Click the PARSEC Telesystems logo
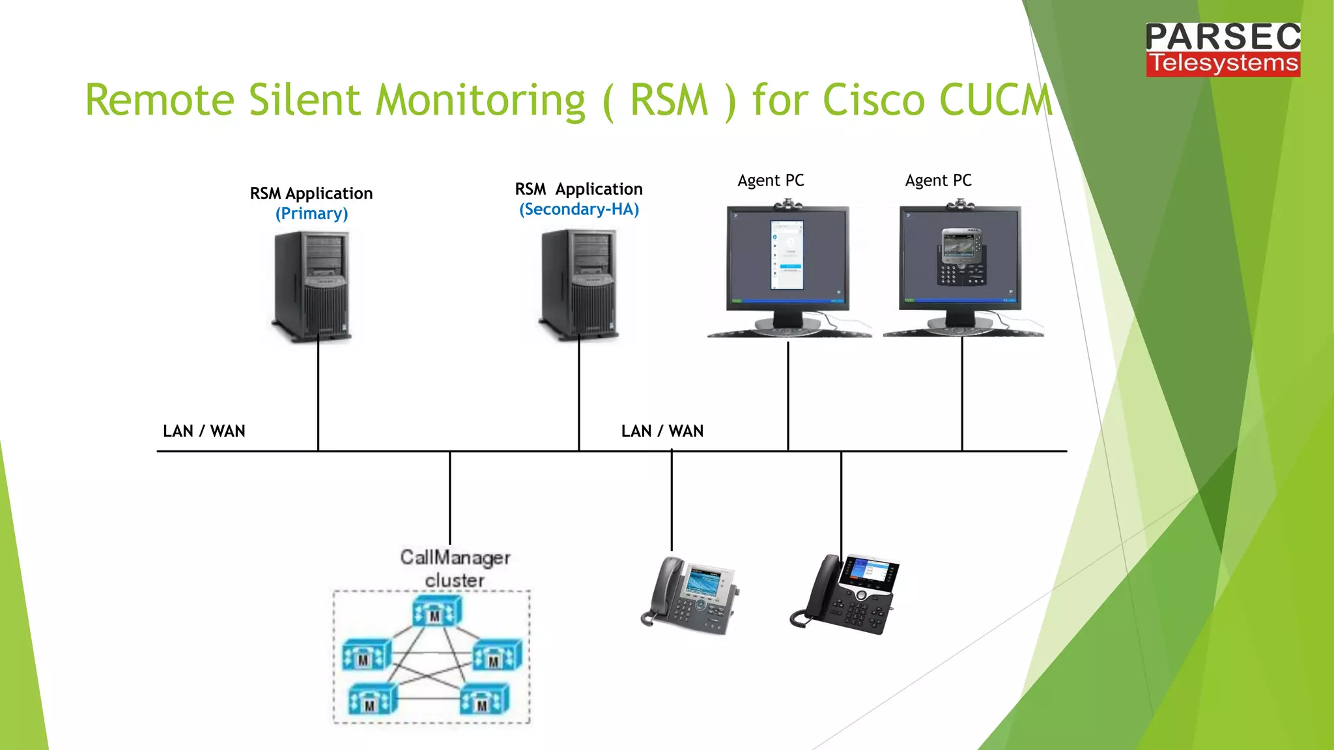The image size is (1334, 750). click(1223, 49)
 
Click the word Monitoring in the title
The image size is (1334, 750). click(481, 101)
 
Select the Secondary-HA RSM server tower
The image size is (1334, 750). click(579, 284)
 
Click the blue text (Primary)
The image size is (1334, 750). click(311, 214)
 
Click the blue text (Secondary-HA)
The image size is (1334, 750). click(578, 210)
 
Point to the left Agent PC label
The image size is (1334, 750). click(771, 180)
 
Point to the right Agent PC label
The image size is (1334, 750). click(938, 180)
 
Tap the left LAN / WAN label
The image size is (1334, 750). click(204, 431)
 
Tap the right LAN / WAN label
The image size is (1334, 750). click(662, 431)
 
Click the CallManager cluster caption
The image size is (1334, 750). click(455, 568)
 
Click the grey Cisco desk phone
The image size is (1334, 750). click(690, 595)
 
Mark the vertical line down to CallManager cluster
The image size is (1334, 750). click(449, 498)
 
